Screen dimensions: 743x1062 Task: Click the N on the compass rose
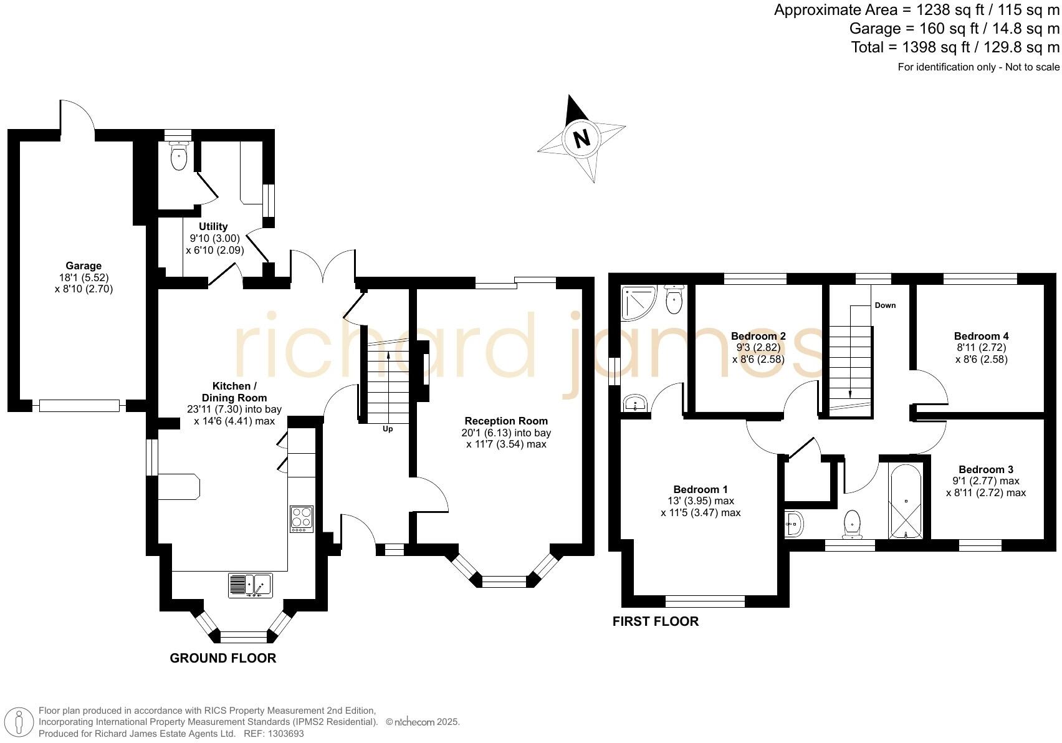pyautogui.click(x=581, y=138)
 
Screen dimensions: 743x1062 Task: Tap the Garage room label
pyautogui.click(x=84, y=266)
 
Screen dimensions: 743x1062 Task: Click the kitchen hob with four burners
pyautogui.click(x=302, y=519)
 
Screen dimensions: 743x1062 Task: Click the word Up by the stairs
pyautogui.click(x=388, y=429)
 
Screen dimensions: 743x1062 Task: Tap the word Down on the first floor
pyautogui.click(x=885, y=305)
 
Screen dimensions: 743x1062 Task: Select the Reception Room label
pyautogui.click(x=506, y=421)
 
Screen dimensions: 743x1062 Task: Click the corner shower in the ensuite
pyautogui.click(x=637, y=302)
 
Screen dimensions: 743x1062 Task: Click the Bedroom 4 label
pyautogui.click(x=981, y=335)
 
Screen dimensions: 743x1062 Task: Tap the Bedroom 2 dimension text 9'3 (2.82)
pyautogui.click(x=758, y=348)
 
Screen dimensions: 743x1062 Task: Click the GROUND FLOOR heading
pyautogui.click(x=222, y=658)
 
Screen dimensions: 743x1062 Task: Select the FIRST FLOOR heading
pyautogui.click(x=655, y=621)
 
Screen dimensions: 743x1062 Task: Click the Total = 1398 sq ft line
pyautogui.click(x=955, y=47)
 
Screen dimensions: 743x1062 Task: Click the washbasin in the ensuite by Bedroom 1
pyautogui.click(x=636, y=402)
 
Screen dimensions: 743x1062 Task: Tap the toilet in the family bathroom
pyautogui.click(x=852, y=524)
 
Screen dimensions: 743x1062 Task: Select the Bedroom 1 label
pyautogui.click(x=700, y=489)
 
